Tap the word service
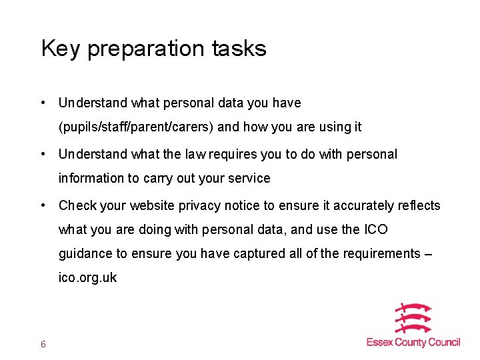click(x=248, y=179)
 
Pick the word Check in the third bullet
click(x=77, y=205)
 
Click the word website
click(x=155, y=205)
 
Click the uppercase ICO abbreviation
click(x=375, y=230)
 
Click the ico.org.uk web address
click(x=87, y=278)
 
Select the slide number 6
click(x=43, y=344)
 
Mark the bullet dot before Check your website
click(x=43, y=205)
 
